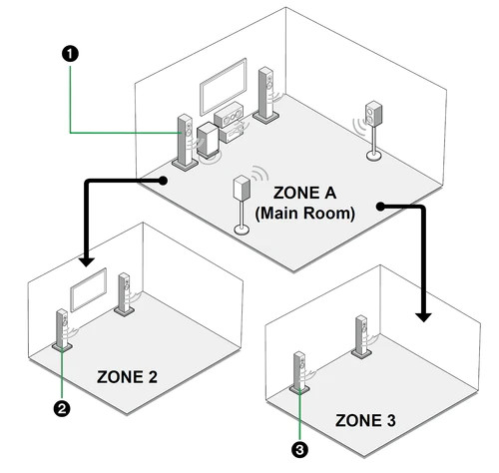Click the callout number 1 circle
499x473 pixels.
click(70, 54)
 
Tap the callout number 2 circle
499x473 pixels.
click(62, 408)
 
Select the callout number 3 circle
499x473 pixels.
click(299, 450)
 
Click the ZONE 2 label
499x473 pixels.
click(127, 377)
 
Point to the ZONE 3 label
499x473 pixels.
click(365, 420)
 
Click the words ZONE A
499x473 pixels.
click(304, 193)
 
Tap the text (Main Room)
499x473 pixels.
click(304, 214)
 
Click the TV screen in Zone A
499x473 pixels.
click(224, 87)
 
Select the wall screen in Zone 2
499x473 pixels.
click(89, 289)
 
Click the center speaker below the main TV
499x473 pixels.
click(229, 115)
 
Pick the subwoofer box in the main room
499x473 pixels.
click(209, 140)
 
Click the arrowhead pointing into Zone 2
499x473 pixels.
click(87, 261)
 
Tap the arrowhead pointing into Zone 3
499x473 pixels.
click(423, 317)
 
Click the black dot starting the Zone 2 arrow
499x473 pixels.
click(163, 181)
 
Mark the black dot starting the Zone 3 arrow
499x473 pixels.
click(380, 207)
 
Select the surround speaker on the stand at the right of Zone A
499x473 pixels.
click(373, 131)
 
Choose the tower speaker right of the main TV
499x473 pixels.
click(266, 96)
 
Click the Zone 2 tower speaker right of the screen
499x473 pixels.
click(125, 294)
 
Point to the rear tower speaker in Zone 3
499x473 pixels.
click(362, 336)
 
